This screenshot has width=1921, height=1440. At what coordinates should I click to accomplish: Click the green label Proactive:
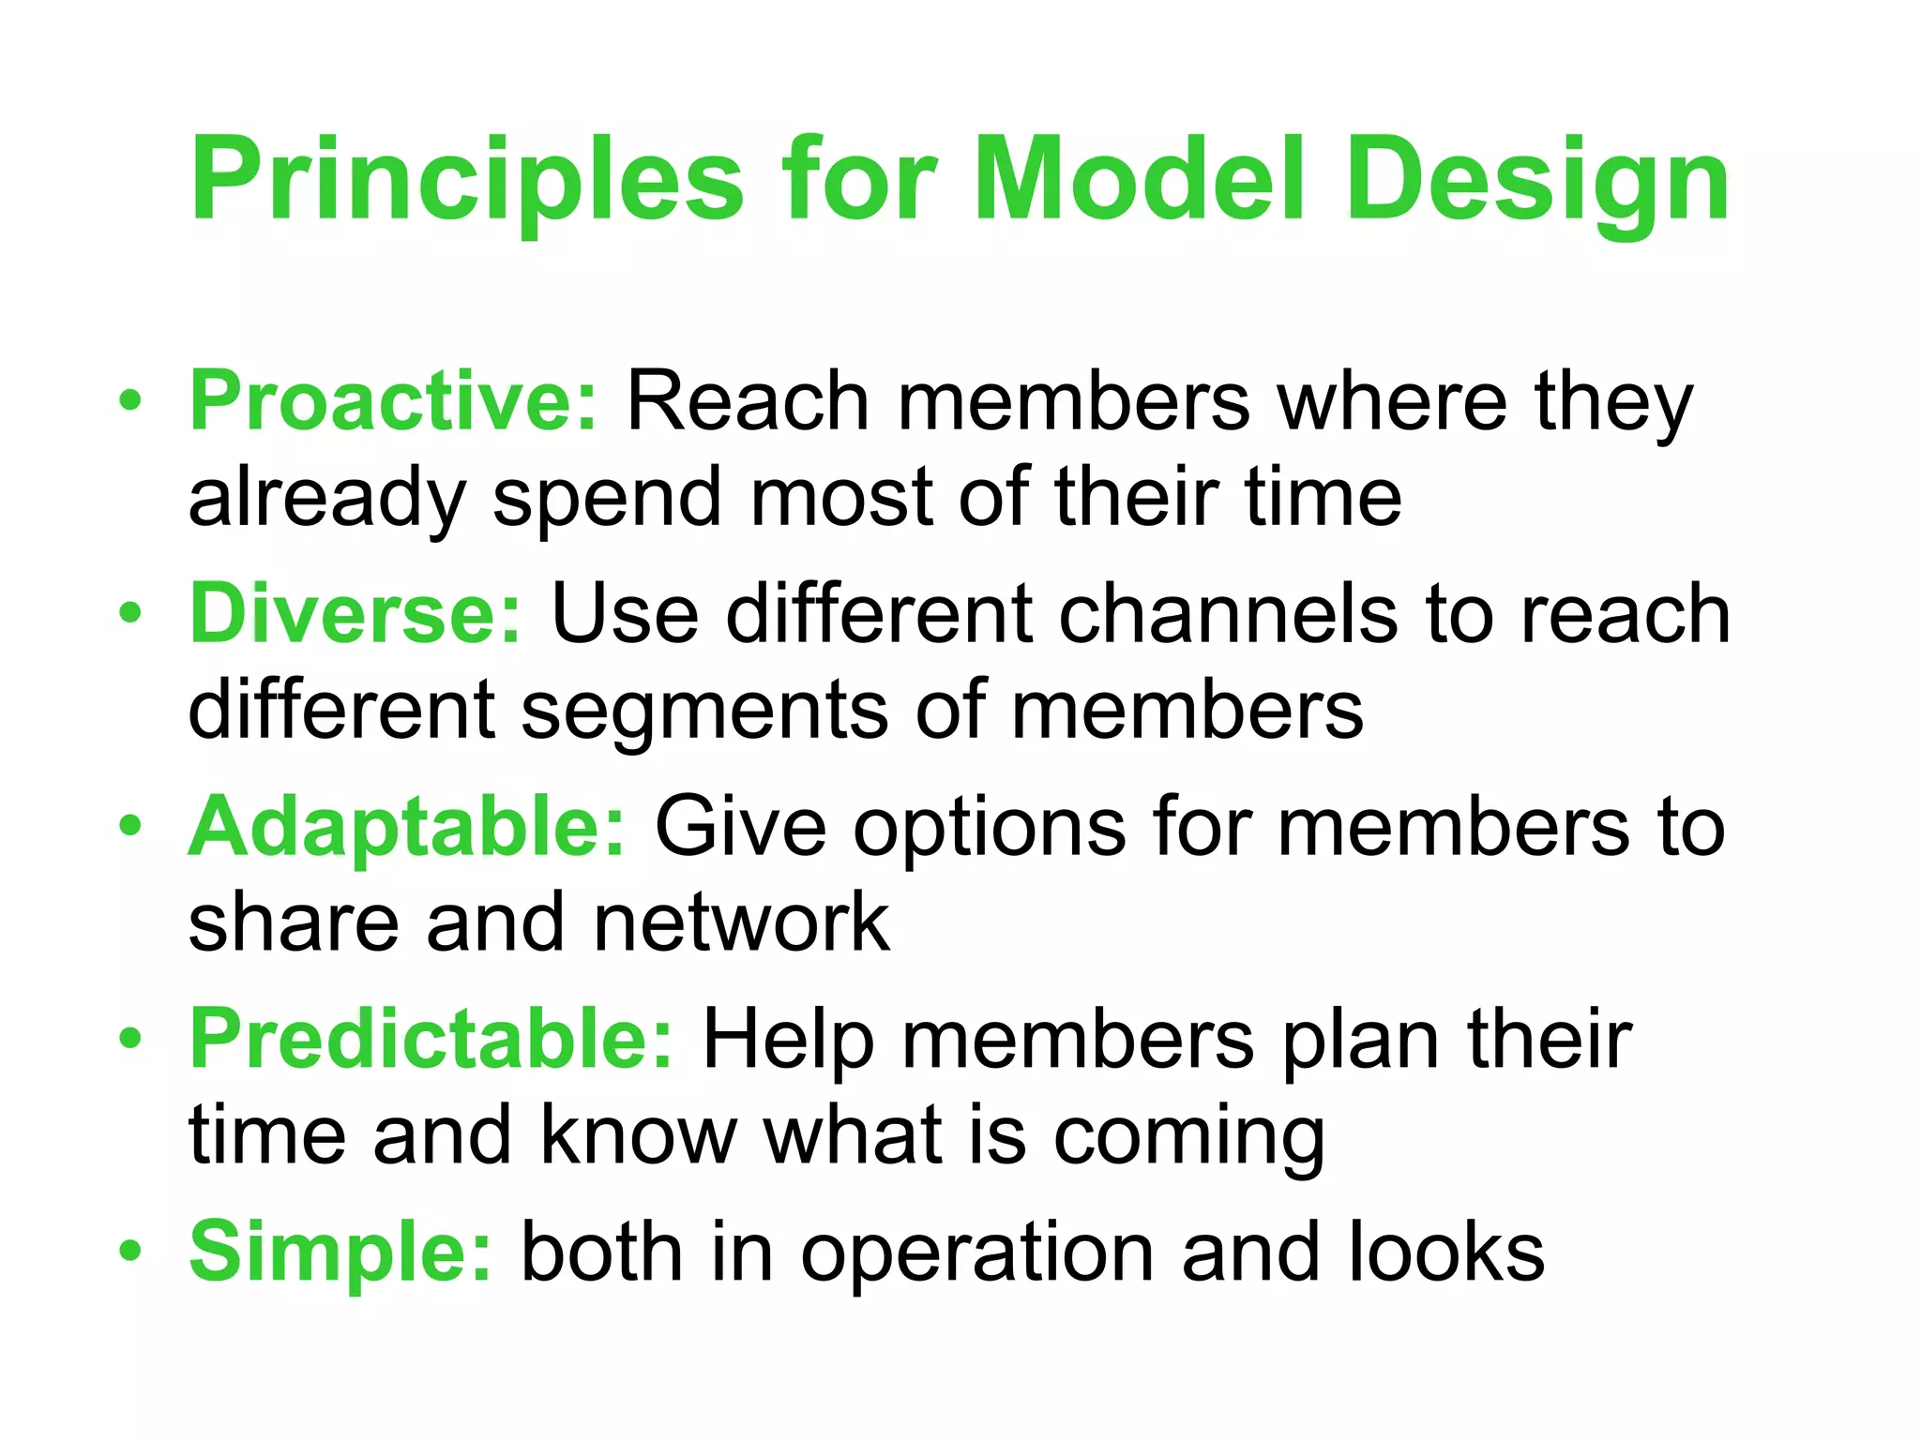[393, 401]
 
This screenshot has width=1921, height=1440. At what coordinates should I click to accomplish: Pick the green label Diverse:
[355, 614]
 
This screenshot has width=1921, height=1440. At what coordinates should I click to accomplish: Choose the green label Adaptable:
[406, 827]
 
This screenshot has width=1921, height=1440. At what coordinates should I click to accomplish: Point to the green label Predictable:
[431, 1039]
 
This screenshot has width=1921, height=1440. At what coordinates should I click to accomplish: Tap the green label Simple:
[340, 1252]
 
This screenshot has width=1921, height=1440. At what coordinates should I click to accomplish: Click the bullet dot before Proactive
[130, 401]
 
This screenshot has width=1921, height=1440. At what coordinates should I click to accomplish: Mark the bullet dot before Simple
[130, 1252]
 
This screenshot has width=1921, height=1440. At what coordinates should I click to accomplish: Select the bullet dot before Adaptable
[130, 827]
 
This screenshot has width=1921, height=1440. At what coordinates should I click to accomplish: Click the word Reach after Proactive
[748, 401]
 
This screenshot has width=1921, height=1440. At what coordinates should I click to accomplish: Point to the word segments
[703, 711]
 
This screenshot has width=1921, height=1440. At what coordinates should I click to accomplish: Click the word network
[741, 923]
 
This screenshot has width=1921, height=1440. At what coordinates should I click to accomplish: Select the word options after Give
[989, 827]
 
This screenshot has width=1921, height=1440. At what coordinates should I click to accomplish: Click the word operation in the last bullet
[976, 1253]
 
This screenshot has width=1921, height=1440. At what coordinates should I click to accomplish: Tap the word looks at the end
[1445, 1252]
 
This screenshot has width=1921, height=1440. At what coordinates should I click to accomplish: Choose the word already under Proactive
[326, 499]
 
